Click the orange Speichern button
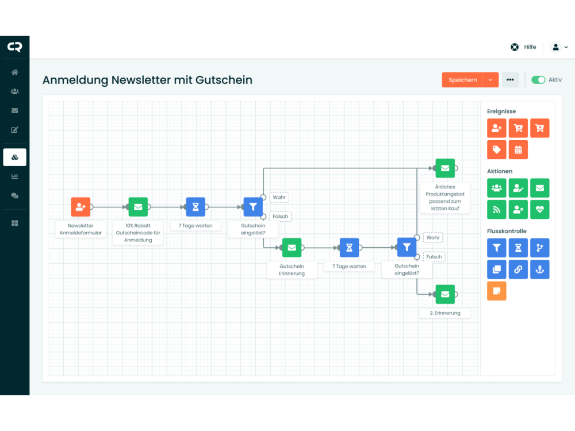[x=462, y=80]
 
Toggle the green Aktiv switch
[x=538, y=80]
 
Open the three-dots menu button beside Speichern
[x=510, y=80]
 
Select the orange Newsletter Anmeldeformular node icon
[x=80, y=207]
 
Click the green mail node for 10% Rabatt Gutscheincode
[x=138, y=207]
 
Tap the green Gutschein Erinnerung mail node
[x=292, y=248]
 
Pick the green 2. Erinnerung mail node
[x=445, y=294]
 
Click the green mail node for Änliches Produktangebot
[x=445, y=168]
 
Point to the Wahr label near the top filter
[x=279, y=197]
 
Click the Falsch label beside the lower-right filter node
[x=434, y=257]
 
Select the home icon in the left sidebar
[x=15, y=72]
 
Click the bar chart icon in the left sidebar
[x=15, y=176]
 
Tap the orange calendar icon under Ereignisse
[x=518, y=149]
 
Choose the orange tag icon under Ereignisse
[x=497, y=149]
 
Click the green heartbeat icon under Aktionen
[x=539, y=210]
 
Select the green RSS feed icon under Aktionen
[x=497, y=210]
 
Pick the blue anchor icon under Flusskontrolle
[x=539, y=270]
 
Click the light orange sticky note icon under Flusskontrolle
[x=497, y=291]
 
